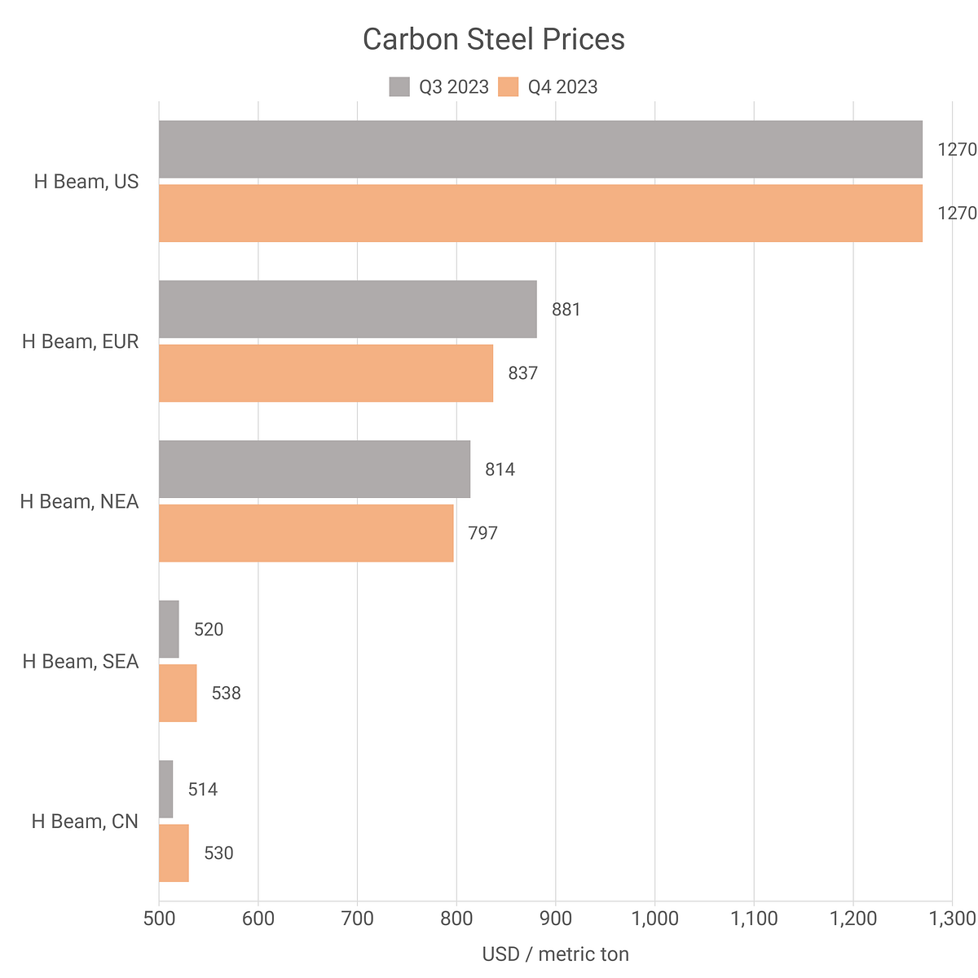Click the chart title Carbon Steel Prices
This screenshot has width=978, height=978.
tap(493, 39)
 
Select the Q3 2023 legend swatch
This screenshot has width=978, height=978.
tap(399, 87)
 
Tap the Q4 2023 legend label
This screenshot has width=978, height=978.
tap(562, 87)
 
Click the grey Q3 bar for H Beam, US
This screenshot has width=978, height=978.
tap(540, 149)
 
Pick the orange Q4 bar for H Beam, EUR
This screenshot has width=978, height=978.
tap(326, 373)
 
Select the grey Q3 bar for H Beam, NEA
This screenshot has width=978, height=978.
tap(315, 469)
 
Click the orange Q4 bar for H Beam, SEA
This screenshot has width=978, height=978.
tap(178, 693)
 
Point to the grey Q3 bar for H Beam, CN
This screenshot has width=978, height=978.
tap(166, 789)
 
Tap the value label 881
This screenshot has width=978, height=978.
tap(566, 310)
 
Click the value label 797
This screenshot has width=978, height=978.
tap(482, 534)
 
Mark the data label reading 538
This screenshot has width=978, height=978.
tap(226, 694)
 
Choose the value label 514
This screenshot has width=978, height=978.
tap(203, 790)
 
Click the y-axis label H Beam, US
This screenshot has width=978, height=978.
tap(86, 182)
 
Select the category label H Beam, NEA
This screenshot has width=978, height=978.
tap(79, 501)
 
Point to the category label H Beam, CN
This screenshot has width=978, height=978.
tap(85, 821)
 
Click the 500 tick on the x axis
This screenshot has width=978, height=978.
tap(159, 919)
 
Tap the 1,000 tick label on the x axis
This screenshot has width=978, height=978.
tap(654, 919)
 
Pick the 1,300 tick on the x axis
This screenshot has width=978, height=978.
tap(951, 919)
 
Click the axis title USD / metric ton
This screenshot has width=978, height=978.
tap(555, 954)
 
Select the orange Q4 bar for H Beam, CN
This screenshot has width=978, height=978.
tap(174, 852)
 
